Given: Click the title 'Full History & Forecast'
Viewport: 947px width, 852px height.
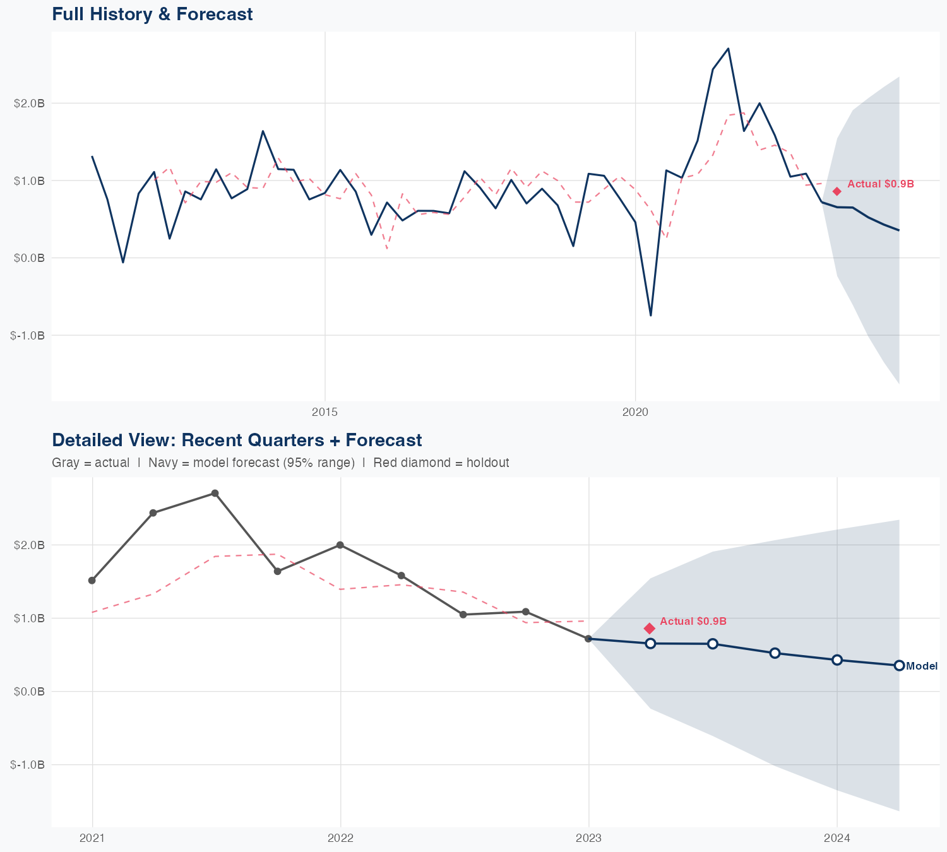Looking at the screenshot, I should (x=152, y=14).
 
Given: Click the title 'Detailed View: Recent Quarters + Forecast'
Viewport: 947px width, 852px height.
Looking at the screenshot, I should (x=237, y=440).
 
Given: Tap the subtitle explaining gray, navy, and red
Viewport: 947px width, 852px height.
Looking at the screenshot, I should (x=280, y=463).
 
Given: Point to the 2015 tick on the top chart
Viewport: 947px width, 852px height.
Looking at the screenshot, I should (x=325, y=412).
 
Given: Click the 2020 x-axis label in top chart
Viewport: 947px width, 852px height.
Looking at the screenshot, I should (x=635, y=412).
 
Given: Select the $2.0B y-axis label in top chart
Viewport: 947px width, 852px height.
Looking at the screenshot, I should (x=29, y=104).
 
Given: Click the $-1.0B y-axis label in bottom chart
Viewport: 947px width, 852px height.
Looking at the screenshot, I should (x=28, y=765).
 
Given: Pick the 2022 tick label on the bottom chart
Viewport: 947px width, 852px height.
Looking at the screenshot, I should (x=340, y=838).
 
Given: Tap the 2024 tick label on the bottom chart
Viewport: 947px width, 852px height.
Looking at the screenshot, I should (x=837, y=838).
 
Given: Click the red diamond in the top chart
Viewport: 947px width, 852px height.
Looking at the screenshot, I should (x=837, y=191).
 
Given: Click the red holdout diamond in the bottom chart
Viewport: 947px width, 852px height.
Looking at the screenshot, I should (x=650, y=628).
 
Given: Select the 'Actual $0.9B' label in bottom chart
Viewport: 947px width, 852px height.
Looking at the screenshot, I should (x=693, y=622).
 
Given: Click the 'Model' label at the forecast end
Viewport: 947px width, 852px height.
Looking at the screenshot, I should (x=922, y=666).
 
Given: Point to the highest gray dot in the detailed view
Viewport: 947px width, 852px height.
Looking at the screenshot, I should (x=215, y=493).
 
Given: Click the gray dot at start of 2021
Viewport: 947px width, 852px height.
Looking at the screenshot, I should (x=92, y=580).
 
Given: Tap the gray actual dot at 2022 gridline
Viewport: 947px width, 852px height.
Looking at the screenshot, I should (x=340, y=545).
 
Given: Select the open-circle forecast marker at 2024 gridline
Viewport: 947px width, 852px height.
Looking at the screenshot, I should (x=837, y=660).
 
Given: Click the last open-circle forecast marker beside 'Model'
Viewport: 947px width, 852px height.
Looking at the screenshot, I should (x=899, y=665).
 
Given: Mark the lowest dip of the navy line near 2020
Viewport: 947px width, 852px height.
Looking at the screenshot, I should (x=651, y=315).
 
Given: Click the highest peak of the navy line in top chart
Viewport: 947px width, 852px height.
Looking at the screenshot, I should (x=729, y=49).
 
